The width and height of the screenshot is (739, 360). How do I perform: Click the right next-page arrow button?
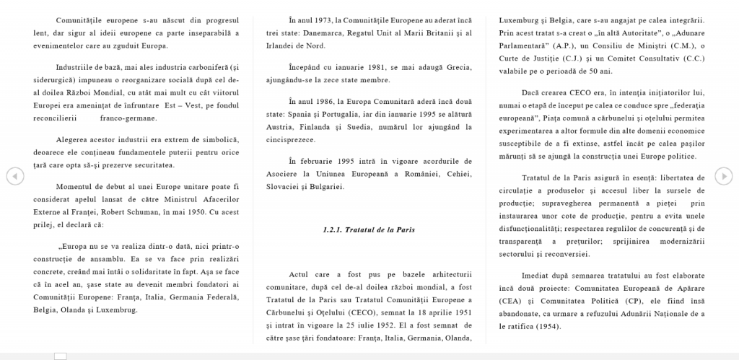724,175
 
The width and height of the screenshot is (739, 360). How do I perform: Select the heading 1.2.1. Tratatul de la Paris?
369,229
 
